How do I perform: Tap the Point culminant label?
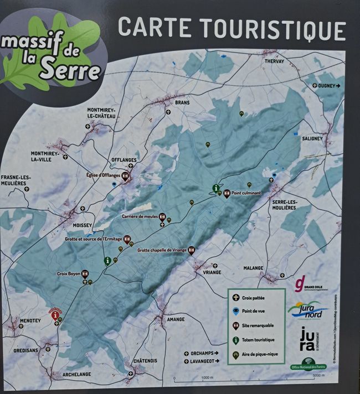pyautogui.click(x=246, y=193)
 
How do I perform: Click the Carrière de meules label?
pyautogui.click(x=140, y=216)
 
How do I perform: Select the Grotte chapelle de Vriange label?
pyautogui.click(x=162, y=250)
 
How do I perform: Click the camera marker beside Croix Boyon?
pyautogui.click(x=85, y=273)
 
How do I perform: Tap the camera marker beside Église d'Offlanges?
pyautogui.click(x=125, y=176)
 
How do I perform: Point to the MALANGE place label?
pyautogui.click(x=254, y=268)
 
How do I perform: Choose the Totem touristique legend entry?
pyautogui.click(x=255, y=341)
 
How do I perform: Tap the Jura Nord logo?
pyautogui.click(x=308, y=310)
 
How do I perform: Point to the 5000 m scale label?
pyautogui.click(x=317, y=376)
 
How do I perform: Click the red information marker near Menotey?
pyautogui.click(x=55, y=316)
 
